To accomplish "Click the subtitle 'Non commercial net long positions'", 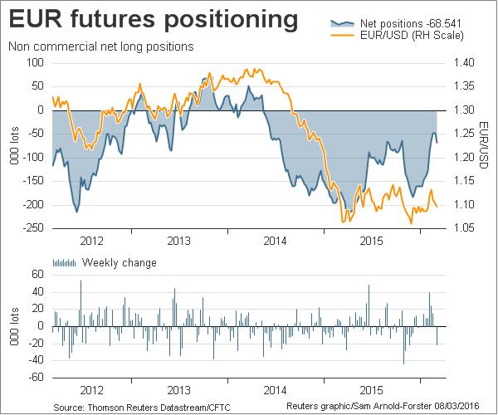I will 100,46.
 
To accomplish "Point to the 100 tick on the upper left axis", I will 34,62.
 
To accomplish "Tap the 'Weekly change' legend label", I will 119,263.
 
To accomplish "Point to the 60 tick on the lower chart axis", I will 37,274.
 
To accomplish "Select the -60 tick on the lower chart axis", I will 35,377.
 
